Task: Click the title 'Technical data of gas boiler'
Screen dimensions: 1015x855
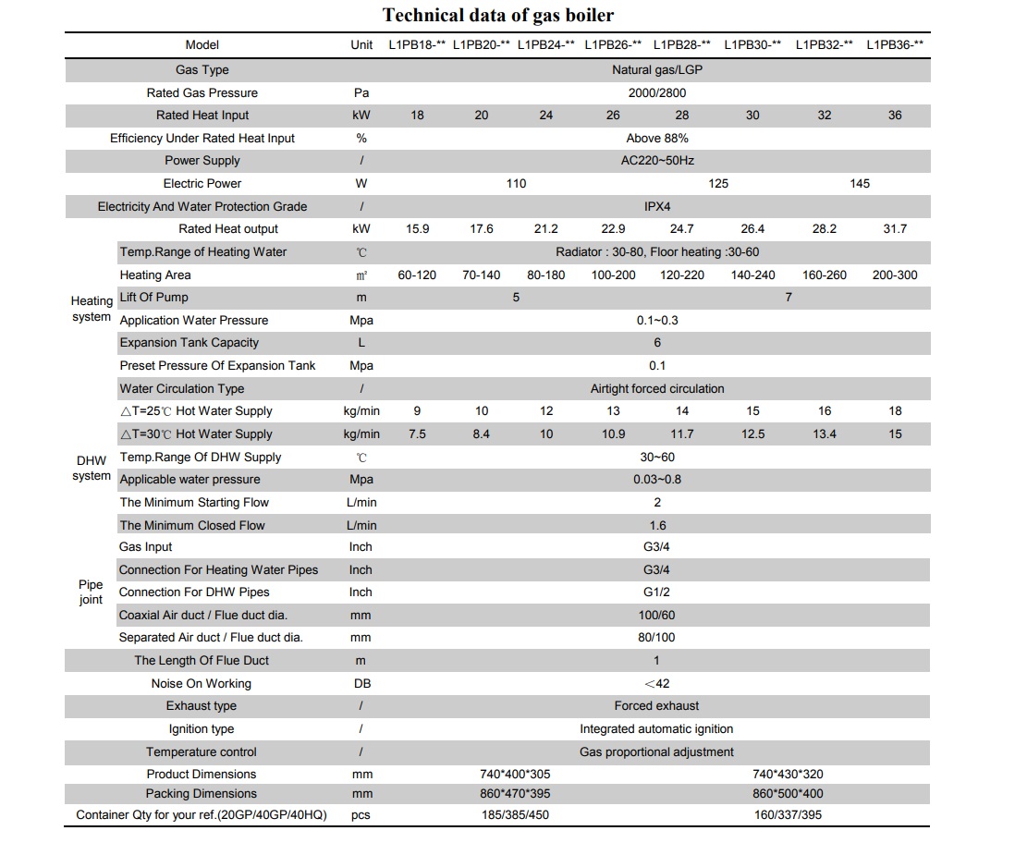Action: coord(497,15)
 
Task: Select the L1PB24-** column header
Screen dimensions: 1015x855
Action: coord(545,44)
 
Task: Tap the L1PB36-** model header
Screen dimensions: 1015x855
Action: coord(895,44)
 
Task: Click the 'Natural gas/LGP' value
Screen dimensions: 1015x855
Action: coord(657,70)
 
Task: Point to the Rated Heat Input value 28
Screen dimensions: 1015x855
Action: coord(681,116)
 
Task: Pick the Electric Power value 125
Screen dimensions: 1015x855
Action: coord(718,184)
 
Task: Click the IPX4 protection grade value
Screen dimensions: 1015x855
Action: coord(657,206)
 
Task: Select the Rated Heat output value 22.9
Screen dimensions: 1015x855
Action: coord(613,229)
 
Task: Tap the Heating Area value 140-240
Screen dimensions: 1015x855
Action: coord(752,275)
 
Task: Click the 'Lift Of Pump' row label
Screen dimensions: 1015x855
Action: coord(154,298)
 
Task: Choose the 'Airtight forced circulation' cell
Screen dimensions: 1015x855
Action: coord(657,389)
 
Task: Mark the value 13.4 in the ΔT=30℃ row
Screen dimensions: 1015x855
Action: coord(824,434)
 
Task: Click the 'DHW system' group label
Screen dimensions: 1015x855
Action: coord(92,468)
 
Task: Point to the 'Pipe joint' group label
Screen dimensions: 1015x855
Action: coord(91,592)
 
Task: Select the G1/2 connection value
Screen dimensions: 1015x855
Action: coord(656,592)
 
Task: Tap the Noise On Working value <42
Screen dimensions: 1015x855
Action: coord(656,683)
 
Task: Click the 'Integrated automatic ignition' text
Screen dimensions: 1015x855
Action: coord(656,729)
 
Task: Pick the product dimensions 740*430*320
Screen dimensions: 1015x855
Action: coord(788,774)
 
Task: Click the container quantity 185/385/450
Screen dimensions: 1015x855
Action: coord(515,815)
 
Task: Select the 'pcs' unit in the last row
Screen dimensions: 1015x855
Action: coord(361,815)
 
